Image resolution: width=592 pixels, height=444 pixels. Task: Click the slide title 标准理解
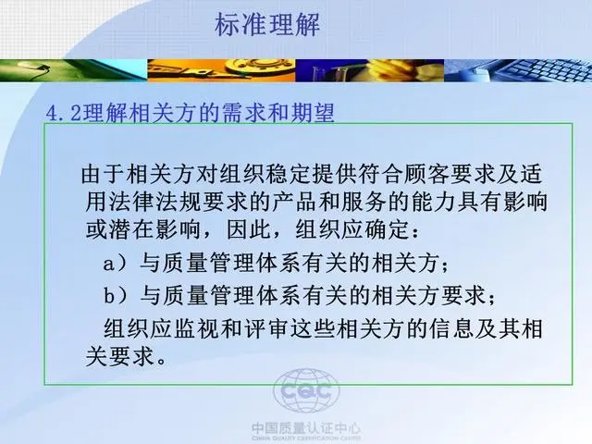[267, 25]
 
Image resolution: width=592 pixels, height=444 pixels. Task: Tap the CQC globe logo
[306, 390]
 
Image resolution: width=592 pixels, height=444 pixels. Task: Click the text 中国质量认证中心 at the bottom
[306, 428]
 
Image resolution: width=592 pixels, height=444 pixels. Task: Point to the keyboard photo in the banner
[518, 70]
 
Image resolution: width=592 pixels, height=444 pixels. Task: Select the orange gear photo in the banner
[221, 70]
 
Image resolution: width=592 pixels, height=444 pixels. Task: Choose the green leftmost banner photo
[74, 70]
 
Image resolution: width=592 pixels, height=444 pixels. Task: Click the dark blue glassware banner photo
[370, 70]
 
